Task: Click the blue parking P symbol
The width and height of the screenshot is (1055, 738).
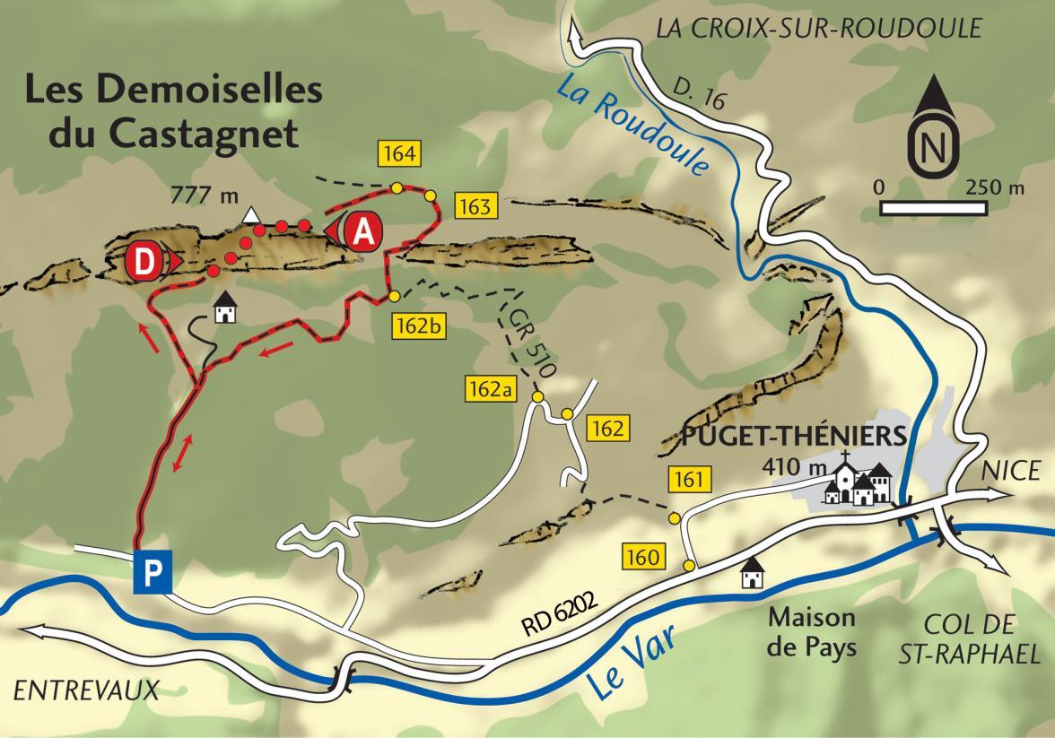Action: click(x=153, y=573)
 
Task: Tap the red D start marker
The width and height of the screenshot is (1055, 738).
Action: click(x=145, y=261)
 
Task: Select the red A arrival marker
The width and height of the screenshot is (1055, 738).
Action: click(x=362, y=231)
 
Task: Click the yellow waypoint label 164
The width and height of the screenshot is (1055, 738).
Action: click(x=398, y=153)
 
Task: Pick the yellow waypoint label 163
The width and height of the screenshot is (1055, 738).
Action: click(x=475, y=206)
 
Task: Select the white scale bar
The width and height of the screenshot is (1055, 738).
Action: click(x=935, y=208)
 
